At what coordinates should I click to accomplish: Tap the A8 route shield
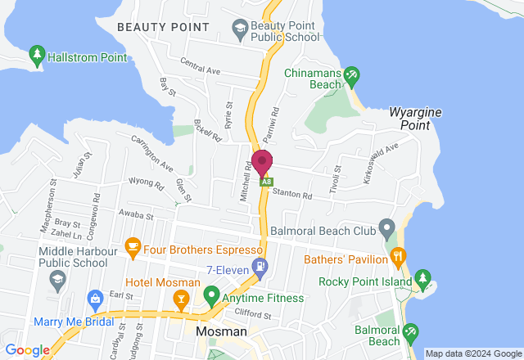click(265, 182)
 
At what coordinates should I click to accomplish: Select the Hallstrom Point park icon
click(36, 56)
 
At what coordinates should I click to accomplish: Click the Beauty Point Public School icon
click(240, 31)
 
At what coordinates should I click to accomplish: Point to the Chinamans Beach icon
click(351, 74)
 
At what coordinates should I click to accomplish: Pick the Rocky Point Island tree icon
click(423, 279)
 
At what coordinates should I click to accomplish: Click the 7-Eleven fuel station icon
click(260, 265)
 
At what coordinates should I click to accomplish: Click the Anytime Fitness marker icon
click(211, 293)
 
